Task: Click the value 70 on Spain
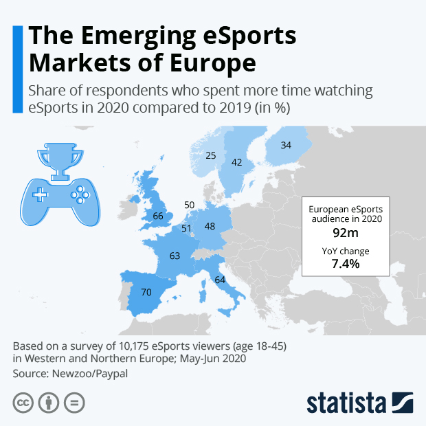(x=146, y=292)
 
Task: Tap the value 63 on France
(x=175, y=256)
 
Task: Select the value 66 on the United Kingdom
(x=157, y=216)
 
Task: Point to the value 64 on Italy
(x=220, y=280)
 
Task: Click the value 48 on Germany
(x=210, y=226)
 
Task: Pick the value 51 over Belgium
(x=186, y=228)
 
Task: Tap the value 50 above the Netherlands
(x=190, y=205)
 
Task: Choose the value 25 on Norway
(x=211, y=155)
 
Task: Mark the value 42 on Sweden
(x=237, y=163)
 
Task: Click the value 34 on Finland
(x=286, y=145)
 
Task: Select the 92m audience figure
(x=341, y=232)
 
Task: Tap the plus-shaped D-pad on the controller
(x=41, y=194)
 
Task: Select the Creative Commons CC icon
(x=23, y=403)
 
